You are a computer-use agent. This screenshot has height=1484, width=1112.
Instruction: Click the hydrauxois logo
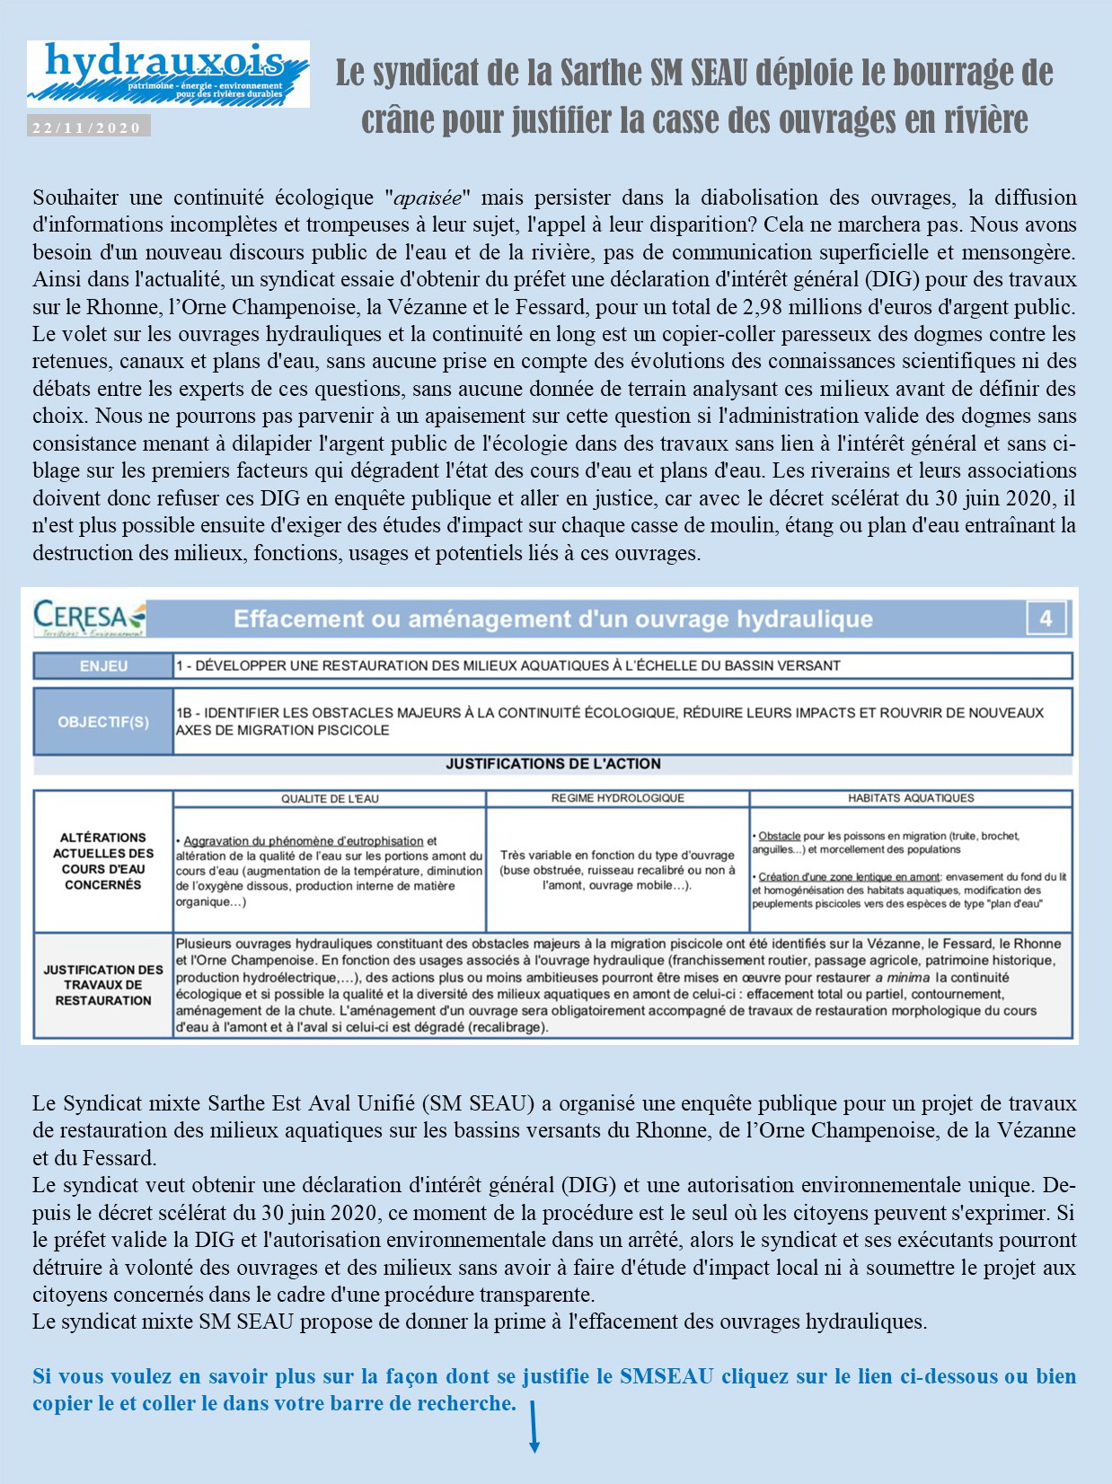pos(168,73)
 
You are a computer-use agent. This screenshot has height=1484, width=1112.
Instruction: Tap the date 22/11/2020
pos(87,127)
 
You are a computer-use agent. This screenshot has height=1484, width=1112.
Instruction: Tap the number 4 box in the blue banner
pos(1046,618)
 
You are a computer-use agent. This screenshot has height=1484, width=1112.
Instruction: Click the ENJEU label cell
pos(103,666)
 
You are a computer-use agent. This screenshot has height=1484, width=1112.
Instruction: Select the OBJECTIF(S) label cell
pos(103,722)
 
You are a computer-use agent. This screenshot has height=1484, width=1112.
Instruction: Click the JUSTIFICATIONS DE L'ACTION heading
pos(553,764)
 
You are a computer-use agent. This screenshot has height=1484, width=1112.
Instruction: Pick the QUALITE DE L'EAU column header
pos(330,798)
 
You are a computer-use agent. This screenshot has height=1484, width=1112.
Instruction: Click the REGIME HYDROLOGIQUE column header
pos(618,798)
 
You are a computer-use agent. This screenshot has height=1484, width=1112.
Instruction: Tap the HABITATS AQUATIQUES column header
pos(911,798)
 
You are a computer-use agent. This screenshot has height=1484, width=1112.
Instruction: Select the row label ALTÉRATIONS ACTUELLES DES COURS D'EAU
pos(103,861)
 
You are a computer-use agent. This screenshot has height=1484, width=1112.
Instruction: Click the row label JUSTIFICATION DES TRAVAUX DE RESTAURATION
pos(103,985)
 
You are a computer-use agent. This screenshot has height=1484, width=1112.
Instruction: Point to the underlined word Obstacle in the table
pos(779,836)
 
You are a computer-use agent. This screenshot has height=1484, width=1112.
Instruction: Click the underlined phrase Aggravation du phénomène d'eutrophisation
pos(303,841)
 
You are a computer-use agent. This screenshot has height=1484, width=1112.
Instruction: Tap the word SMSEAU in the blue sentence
pos(666,1376)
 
